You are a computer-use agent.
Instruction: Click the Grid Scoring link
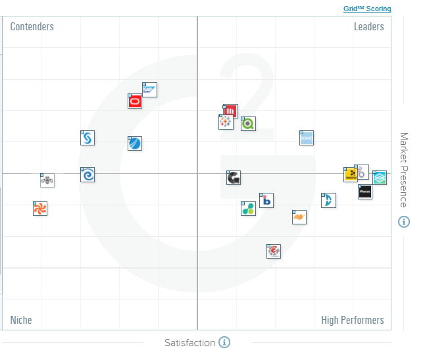click(367, 9)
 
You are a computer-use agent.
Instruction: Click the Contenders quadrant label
click(32, 27)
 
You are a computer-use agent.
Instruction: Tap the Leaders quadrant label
click(368, 27)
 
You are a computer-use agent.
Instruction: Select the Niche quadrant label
click(21, 321)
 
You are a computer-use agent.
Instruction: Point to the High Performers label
click(352, 321)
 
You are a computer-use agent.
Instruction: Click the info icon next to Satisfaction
click(224, 342)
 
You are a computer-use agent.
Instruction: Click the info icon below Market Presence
click(404, 222)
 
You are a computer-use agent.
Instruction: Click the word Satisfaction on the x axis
click(189, 343)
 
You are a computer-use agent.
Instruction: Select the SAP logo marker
click(150, 90)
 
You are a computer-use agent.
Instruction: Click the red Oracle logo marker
click(135, 101)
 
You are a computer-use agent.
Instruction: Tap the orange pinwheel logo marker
click(40, 209)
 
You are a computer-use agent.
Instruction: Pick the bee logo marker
click(47, 180)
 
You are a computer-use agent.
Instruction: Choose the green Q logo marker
click(248, 123)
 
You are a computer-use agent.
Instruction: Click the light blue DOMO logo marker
click(306, 138)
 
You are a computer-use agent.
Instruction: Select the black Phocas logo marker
click(365, 192)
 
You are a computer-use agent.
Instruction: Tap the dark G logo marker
click(234, 178)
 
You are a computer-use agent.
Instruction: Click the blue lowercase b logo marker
click(266, 200)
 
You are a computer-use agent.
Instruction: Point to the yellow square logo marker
click(351, 174)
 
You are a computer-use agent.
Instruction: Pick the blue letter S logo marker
click(87, 138)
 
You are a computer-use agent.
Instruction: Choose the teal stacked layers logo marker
click(380, 178)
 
